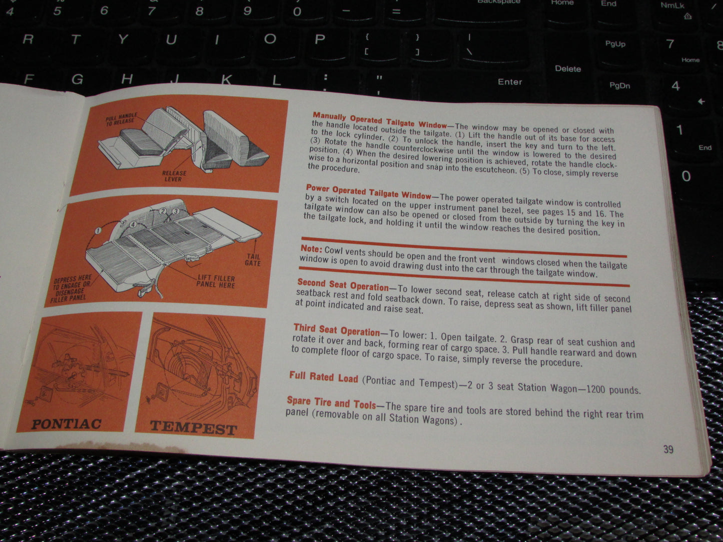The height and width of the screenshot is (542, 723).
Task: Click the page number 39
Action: coord(668,449)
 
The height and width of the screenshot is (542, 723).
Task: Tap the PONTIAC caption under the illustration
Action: coord(66,424)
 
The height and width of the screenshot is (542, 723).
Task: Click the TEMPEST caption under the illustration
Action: coord(193,428)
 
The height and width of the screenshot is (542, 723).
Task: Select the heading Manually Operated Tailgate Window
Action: coord(379,120)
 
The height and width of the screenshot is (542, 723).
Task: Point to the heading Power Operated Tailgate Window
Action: coord(369,191)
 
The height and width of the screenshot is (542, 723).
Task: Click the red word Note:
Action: coord(311,248)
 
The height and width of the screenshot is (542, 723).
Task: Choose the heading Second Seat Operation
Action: coord(343,284)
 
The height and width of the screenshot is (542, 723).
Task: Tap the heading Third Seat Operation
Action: coord(337,329)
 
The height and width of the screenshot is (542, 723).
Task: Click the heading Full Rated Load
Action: coord(323,377)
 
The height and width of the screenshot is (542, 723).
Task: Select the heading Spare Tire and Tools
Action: coord(331,403)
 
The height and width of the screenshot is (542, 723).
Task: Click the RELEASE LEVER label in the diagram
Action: coord(174,176)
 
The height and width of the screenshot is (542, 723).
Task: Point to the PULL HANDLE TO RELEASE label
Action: coord(121,119)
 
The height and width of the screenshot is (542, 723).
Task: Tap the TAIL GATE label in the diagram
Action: coord(253,260)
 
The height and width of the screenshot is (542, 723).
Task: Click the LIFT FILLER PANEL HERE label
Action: coord(216,281)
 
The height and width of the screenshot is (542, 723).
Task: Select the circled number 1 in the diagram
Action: coord(98,230)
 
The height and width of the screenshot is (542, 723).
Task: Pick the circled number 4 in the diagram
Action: coord(133,224)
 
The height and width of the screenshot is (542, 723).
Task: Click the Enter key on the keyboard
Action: coord(509,81)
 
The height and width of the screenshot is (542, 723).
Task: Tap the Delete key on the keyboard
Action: coord(568,69)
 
